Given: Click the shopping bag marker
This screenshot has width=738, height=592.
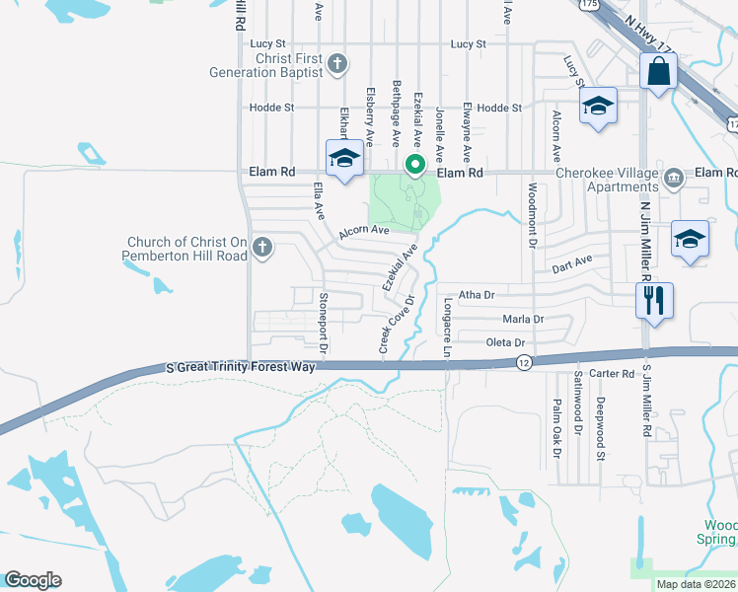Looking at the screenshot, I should coord(657,73).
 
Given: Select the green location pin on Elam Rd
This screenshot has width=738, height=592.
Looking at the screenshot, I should coord(416,164).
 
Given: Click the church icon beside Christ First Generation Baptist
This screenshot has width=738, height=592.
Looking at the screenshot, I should coord(337,65).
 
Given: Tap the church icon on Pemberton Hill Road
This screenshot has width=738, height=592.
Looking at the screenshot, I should coord(262,248).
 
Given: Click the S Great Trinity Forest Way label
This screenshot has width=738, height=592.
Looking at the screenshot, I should coord(241,367).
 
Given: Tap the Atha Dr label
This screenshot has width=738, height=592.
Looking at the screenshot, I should coord(477,294).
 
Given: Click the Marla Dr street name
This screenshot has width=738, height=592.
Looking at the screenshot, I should coord(523,319).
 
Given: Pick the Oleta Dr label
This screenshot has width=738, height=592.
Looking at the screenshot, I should coord(506,342).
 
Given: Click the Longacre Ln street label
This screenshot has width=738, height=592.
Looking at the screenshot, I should coord(447,328).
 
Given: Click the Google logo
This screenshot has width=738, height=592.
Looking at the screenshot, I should coord(33,580).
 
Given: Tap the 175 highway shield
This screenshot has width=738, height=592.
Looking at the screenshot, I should coord(588,4).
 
